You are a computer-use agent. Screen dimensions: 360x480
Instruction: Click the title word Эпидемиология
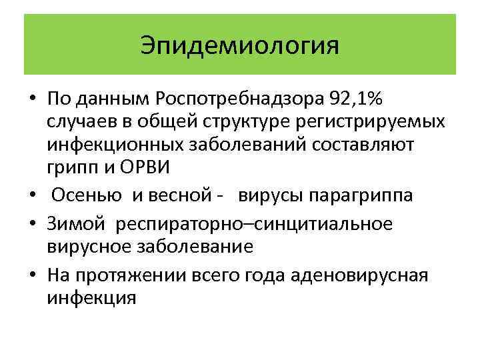tap(240, 46)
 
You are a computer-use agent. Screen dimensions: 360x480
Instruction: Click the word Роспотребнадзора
tap(239, 99)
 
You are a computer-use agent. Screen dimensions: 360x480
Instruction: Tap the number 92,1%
tap(356, 99)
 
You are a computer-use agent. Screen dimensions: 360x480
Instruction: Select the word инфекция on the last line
tap(91, 297)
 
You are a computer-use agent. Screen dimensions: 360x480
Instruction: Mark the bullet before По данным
tap(32, 100)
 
